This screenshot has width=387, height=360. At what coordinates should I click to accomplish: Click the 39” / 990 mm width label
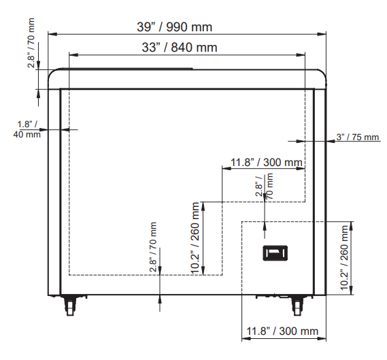(x=175, y=27)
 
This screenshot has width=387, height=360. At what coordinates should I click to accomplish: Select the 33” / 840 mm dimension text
(x=180, y=47)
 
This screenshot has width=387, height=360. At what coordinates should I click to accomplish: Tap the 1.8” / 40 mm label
(x=27, y=129)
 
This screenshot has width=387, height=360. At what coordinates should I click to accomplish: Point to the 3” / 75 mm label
(x=357, y=137)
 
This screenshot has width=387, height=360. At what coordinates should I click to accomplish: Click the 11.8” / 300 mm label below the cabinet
(x=282, y=331)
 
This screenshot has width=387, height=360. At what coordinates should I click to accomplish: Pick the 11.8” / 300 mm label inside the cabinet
(x=267, y=163)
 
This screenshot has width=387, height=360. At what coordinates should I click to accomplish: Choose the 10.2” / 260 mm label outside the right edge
(x=344, y=258)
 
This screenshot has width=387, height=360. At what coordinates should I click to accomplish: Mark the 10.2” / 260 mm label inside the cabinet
(x=195, y=238)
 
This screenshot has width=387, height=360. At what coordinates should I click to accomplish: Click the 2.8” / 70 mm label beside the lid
(x=31, y=43)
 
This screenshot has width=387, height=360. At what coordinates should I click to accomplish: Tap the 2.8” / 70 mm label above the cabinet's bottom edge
(x=153, y=247)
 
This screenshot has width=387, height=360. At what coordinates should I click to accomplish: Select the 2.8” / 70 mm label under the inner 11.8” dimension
(x=264, y=186)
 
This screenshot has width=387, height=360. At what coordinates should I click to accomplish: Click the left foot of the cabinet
(x=70, y=305)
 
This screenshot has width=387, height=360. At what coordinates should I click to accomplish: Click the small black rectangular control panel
(x=275, y=253)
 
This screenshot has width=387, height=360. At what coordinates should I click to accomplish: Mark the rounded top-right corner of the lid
(x=322, y=73)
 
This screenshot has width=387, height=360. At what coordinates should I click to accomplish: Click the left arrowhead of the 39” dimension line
(x=52, y=34)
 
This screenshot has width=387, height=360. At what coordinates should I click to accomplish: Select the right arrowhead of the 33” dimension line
(x=301, y=55)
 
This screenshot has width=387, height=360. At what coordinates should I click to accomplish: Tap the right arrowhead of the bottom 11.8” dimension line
(x=321, y=338)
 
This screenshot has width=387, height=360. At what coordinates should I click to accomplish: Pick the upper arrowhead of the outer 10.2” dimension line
(x=352, y=226)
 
